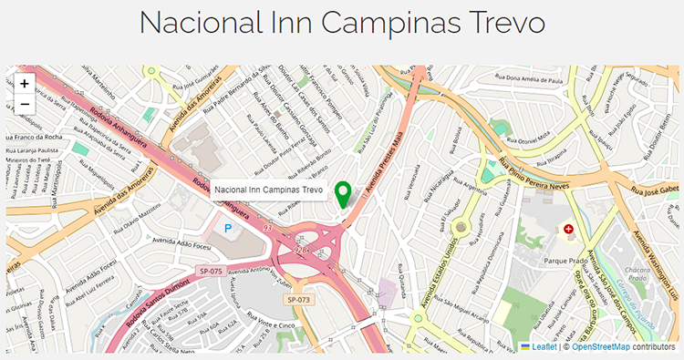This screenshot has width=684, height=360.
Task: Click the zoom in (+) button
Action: pyautogui.click(x=24, y=83)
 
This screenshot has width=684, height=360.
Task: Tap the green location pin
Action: pyautogui.click(x=343, y=194)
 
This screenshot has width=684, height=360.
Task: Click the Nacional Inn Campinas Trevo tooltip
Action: pyautogui.click(x=269, y=190)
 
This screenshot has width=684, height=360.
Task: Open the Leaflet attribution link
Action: pyautogui.click(x=544, y=347)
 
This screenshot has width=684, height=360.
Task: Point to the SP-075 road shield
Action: pyautogui.click(x=211, y=270)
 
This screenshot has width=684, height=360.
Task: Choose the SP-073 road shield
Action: pyautogui.click(x=299, y=299)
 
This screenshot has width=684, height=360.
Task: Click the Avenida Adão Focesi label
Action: pyautogui.click(x=181, y=245)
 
